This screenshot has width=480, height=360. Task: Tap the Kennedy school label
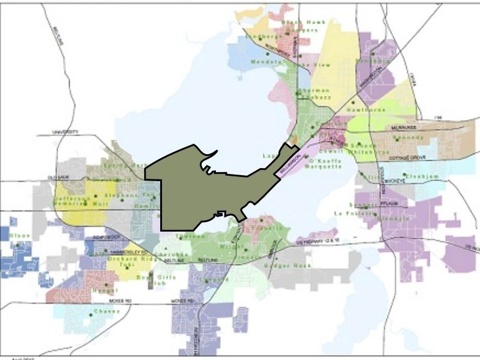[x=391, y=137]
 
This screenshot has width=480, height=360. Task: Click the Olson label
[x=19, y=236]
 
